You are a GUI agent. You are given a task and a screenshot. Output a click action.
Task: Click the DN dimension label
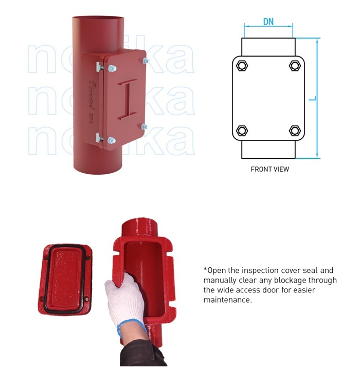pos(268,21)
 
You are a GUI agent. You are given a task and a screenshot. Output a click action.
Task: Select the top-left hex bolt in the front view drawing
pos(241,65)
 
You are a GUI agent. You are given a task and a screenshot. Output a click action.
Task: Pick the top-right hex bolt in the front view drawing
pos(295,65)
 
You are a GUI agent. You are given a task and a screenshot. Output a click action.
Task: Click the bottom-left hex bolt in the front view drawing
pos(241,130)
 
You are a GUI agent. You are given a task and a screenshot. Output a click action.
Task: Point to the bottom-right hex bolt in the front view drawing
pos(295,130)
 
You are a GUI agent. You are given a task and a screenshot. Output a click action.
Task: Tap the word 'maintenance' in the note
pos(227,300)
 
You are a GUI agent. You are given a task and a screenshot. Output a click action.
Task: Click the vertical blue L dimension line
pos(319,98)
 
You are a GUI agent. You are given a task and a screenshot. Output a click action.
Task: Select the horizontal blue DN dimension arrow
pos(268,26)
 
